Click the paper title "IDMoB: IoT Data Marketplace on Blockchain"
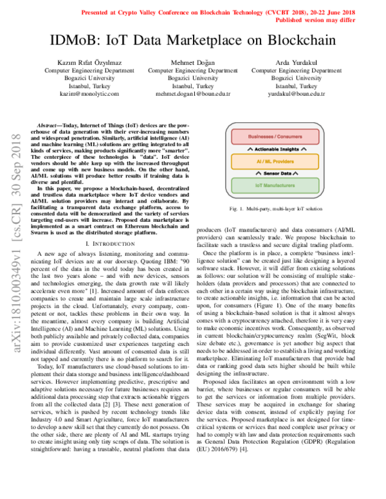193,41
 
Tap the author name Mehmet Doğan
193,62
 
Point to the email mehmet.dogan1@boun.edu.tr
193,93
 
